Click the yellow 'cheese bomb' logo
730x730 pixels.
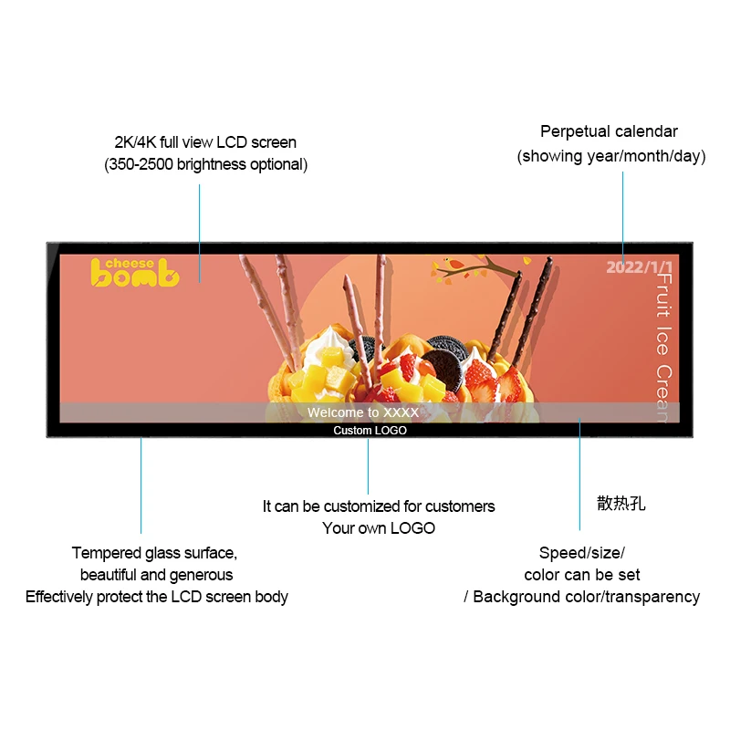click(134, 272)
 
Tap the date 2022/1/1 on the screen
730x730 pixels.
click(638, 266)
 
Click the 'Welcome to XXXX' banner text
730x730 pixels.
click(363, 412)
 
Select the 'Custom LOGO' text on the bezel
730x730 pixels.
click(370, 431)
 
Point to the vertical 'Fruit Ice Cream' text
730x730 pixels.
click(664, 347)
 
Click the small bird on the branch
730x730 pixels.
click(449, 266)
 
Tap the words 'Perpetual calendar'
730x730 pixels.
click(609, 131)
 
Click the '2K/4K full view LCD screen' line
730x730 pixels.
click(205, 142)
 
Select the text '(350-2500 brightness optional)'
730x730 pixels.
click(205, 164)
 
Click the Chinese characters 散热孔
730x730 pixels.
click(620, 503)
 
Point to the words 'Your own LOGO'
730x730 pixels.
click(379, 528)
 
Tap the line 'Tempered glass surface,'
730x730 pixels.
click(154, 553)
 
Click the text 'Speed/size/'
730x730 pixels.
click(581, 553)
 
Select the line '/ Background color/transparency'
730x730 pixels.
click(581, 597)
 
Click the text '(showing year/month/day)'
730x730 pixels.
click(611, 156)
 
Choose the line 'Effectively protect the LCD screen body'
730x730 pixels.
click(157, 597)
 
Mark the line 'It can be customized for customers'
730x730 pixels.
click(379, 506)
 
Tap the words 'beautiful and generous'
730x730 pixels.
click(156, 575)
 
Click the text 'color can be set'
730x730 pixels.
click(581, 575)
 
